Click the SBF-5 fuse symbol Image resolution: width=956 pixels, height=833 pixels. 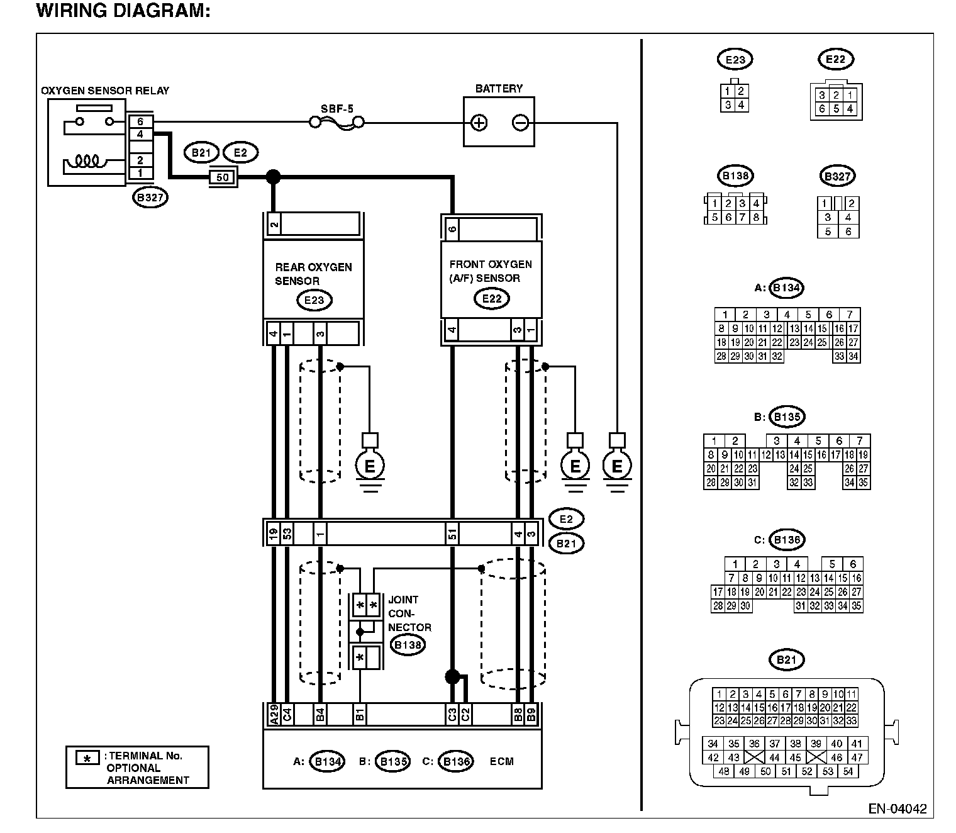click(337, 123)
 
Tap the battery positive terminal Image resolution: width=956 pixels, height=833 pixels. click(479, 123)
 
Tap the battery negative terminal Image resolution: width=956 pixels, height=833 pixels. click(520, 123)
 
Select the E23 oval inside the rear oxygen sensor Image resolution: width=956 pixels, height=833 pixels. click(314, 300)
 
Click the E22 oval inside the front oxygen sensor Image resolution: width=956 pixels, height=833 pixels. click(492, 299)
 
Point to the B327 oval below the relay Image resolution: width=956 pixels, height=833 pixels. click(150, 198)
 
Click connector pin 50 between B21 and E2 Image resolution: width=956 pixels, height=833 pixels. click(223, 177)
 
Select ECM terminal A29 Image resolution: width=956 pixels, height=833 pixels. click(274, 714)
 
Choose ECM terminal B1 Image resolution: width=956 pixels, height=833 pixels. click(359, 714)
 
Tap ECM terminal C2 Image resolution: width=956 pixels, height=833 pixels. click(465, 714)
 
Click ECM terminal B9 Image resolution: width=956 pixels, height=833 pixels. click(531, 714)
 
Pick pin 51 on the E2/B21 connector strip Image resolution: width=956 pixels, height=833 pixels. click(452, 534)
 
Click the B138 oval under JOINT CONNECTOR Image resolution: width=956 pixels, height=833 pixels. click(408, 645)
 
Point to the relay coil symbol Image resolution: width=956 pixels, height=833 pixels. click(85, 161)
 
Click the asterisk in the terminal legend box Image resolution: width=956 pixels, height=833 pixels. click(87, 758)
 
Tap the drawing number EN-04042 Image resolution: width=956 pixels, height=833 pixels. click(897, 808)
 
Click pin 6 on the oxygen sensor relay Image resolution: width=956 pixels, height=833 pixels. click(140, 121)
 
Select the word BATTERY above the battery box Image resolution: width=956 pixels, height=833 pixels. click(499, 89)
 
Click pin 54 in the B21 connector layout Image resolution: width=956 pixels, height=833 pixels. click(848, 771)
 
